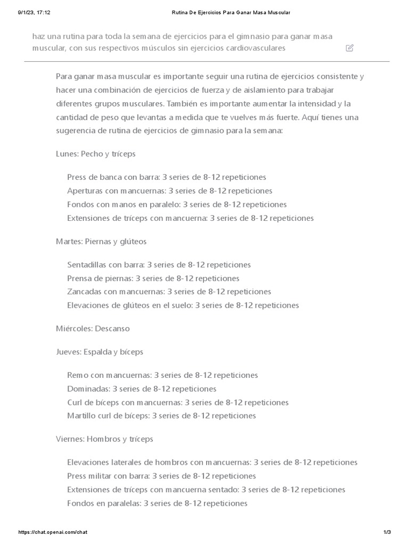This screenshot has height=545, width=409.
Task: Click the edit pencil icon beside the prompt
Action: point(349,48)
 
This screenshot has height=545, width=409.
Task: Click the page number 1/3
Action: point(387,532)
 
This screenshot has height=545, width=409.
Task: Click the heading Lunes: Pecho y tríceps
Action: point(96,154)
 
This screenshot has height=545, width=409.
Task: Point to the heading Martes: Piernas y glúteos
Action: point(101,241)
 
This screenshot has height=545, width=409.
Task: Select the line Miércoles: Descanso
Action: point(93,328)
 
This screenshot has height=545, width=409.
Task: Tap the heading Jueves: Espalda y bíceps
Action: point(100,352)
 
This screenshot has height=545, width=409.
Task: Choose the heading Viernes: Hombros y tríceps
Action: point(104,439)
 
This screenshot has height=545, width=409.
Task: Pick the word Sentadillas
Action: point(86,265)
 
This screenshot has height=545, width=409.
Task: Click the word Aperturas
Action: point(84,191)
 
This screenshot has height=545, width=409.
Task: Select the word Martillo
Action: point(80,416)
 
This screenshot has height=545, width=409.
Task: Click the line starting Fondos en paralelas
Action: point(157,503)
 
